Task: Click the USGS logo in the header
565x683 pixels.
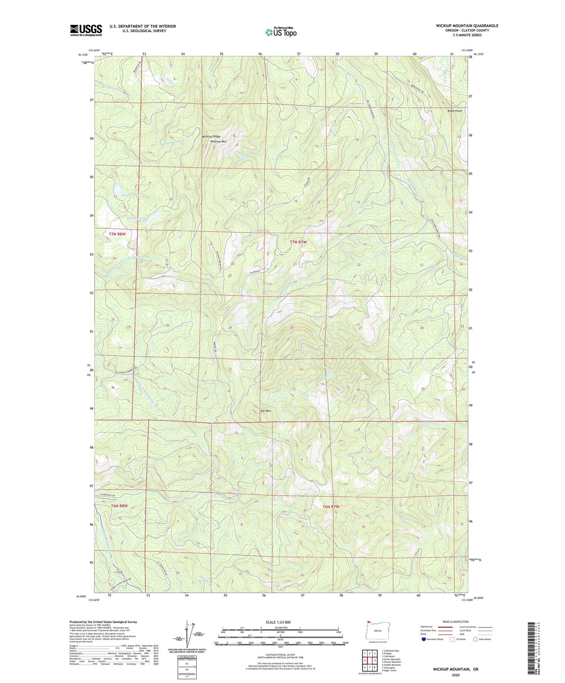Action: click(x=86, y=30)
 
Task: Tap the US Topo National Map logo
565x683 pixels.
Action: click(x=281, y=32)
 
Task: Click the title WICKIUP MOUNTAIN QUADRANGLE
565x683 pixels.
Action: click(x=467, y=26)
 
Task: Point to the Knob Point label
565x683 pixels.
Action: click(x=454, y=111)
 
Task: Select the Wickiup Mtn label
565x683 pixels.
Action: click(x=219, y=141)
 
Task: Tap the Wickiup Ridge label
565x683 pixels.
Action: click(x=211, y=137)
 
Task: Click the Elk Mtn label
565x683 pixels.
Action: click(x=265, y=411)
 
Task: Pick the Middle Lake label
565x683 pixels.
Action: click(x=129, y=195)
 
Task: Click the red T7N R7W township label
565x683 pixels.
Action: click(x=298, y=242)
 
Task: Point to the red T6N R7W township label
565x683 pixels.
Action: click(x=331, y=507)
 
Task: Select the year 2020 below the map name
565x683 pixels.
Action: click(x=456, y=675)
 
